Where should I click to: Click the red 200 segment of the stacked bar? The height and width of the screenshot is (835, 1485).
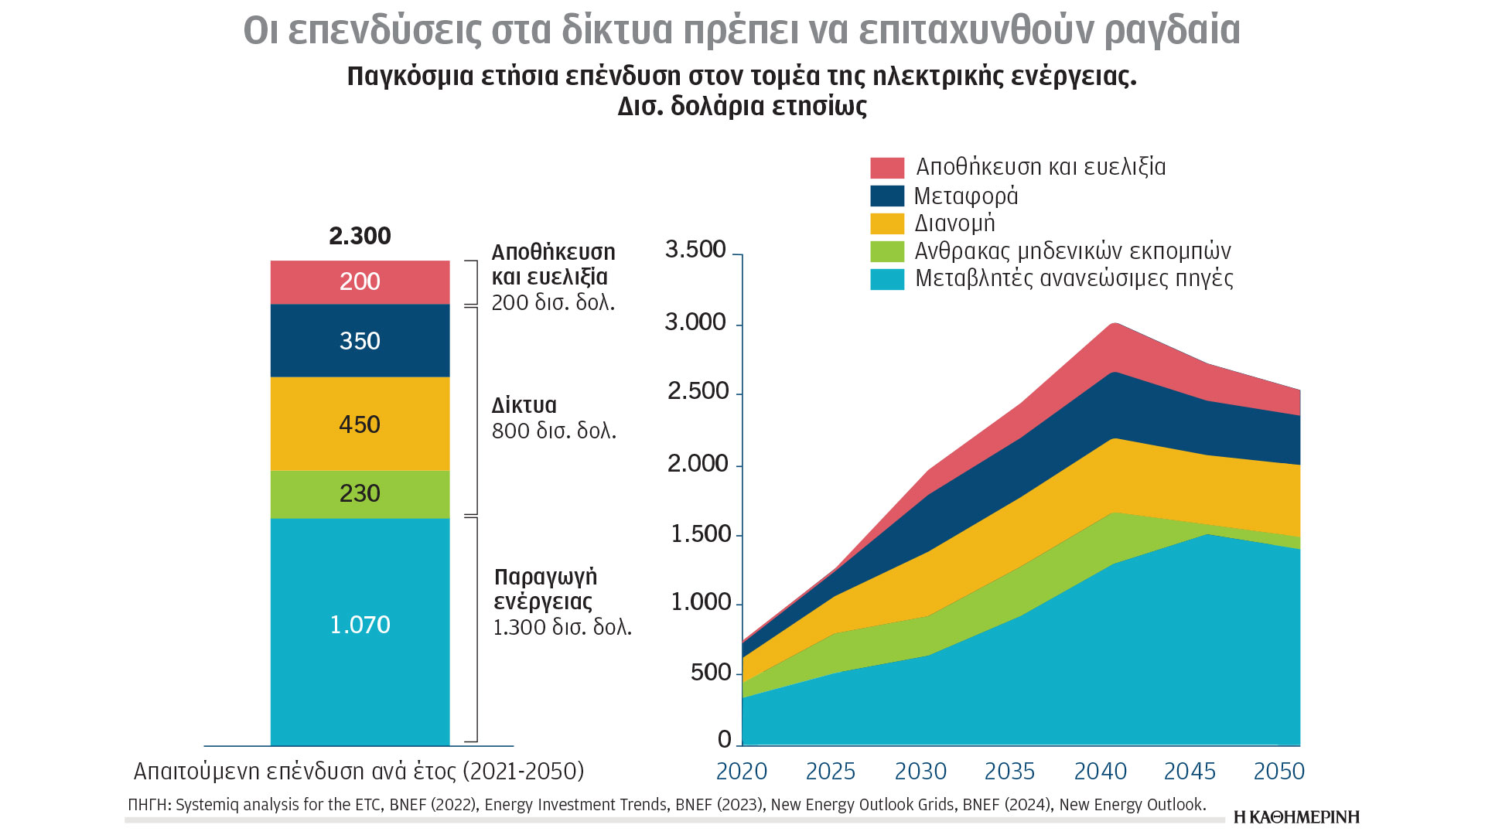(360, 281)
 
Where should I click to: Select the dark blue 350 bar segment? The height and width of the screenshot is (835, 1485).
(360, 341)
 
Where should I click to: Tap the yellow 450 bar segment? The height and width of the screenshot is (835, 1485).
(360, 424)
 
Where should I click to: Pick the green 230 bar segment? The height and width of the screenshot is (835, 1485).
(360, 493)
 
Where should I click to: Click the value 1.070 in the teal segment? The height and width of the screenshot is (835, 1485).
(360, 625)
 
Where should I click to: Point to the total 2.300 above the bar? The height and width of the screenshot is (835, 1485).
(360, 236)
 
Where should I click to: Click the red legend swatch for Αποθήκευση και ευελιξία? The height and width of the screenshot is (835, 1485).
(886, 168)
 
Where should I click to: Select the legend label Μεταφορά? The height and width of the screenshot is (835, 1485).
(965, 196)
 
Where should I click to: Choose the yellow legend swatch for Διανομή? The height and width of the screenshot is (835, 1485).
(886, 223)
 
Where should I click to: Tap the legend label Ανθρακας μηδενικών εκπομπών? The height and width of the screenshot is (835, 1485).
(1072, 251)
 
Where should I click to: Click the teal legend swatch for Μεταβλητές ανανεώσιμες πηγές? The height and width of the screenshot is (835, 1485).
(886, 279)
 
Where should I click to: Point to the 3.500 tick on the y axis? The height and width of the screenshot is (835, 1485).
(695, 250)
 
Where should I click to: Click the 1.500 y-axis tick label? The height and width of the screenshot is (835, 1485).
(700, 534)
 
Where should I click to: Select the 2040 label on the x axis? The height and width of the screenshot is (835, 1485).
(1100, 772)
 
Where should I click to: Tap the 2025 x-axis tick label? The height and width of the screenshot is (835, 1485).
(830, 772)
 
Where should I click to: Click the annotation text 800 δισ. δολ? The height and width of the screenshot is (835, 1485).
(554, 431)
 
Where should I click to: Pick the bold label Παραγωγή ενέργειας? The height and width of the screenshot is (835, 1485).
(545, 589)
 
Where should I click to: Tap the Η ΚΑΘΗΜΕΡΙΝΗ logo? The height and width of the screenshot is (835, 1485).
(1296, 817)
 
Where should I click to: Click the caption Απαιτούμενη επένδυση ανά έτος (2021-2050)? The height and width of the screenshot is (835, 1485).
(359, 772)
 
